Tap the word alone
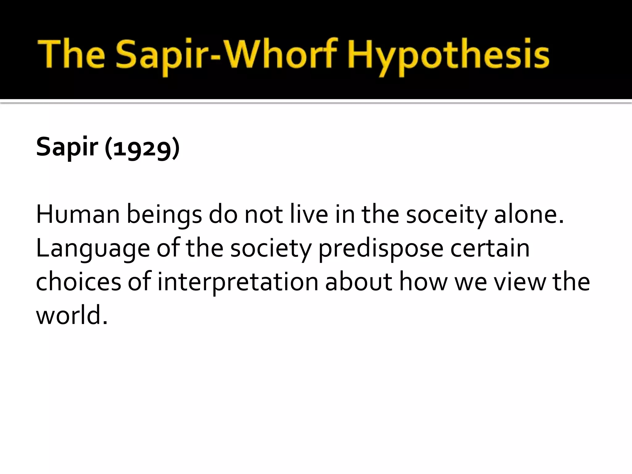coord(529,215)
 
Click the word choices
coord(79,282)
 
